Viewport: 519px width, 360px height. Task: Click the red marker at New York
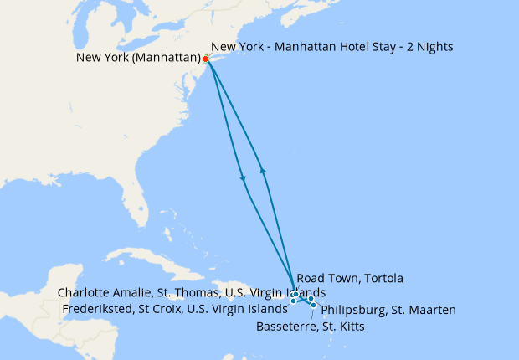(206, 59)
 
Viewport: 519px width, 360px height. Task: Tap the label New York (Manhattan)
(138, 58)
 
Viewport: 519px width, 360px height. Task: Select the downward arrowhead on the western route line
(243, 178)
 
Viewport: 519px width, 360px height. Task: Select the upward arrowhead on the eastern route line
(264, 169)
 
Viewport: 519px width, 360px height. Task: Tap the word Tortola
(383, 278)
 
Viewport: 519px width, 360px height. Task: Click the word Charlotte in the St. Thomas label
(83, 292)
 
